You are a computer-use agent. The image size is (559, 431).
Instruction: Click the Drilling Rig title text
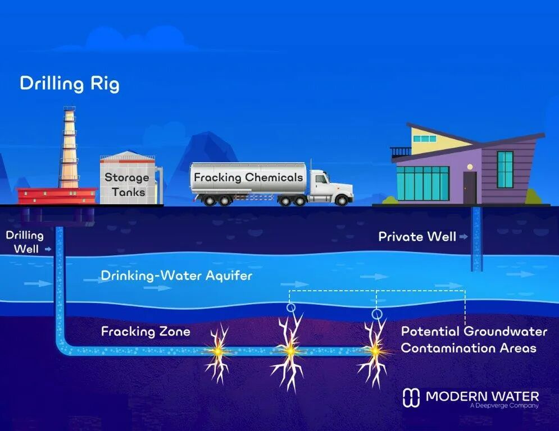point(70,84)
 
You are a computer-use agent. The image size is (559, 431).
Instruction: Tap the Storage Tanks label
point(128,184)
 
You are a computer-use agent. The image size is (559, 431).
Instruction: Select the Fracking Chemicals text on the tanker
point(248,177)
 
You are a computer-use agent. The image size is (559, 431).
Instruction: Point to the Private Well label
point(417,236)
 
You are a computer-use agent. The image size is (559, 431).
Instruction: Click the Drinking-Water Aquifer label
point(176,276)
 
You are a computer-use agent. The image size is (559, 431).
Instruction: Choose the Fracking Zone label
point(146,332)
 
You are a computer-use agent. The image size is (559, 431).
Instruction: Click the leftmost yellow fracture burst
point(217,351)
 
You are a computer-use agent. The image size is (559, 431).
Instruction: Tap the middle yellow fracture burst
point(290,351)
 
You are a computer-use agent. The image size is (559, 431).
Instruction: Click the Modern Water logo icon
point(411,397)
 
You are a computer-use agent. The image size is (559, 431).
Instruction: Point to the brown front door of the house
point(470,187)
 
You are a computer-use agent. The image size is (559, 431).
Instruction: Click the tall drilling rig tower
point(69,147)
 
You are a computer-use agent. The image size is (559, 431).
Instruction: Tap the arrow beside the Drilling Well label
point(48,249)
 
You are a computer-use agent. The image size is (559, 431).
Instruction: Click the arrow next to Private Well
point(463,236)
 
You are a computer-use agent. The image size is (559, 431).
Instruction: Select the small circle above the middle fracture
point(291,306)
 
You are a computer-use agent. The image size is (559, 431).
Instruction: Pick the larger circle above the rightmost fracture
point(377,314)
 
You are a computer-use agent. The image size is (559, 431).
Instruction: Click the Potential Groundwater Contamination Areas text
point(474,340)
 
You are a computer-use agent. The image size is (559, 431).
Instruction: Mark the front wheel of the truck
point(342,200)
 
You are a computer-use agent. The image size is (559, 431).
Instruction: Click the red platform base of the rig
point(57,195)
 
